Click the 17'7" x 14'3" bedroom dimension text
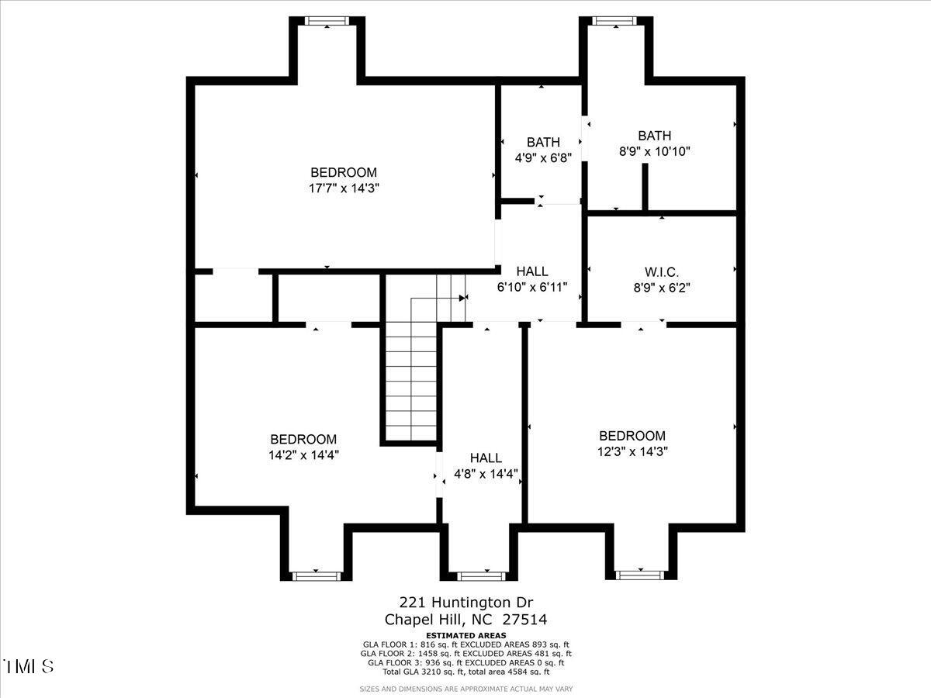(344, 188)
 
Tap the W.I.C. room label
(662, 272)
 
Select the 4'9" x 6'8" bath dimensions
(543, 157)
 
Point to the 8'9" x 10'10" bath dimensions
(655, 151)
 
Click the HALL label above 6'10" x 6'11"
(532, 271)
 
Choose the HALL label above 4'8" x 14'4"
(486, 458)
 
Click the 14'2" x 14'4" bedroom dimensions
(303, 454)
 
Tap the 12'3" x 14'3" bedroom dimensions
(632, 451)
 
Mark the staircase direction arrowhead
(462, 297)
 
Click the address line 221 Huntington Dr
(466, 602)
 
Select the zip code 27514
(525, 620)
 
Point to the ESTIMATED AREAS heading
(466, 635)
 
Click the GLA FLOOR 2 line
(466, 654)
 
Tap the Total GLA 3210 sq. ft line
(466, 672)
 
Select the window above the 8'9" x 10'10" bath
(614, 21)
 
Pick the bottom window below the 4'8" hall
(481, 575)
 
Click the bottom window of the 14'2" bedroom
(316, 575)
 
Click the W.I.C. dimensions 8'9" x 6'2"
(662, 287)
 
